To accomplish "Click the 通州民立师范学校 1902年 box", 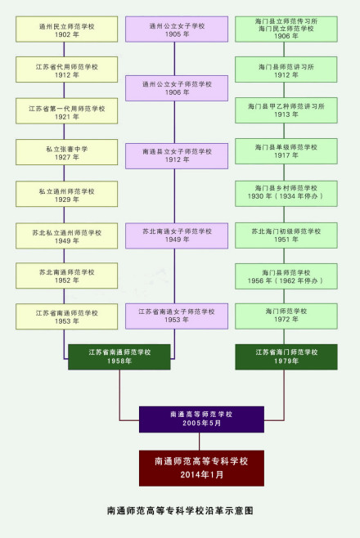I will pyautogui.click(x=66, y=29).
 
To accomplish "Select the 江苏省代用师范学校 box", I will pyautogui.click(x=66, y=69).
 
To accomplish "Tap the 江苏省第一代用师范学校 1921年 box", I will pyautogui.click(x=66, y=111).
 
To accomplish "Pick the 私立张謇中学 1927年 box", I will pyautogui.click(x=66, y=152).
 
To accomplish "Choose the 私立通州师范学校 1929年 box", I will pyautogui.click(x=66, y=195).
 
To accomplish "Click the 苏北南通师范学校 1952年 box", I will pyautogui.click(x=66, y=276).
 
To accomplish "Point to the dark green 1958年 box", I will pyautogui.click(x=119, y=356).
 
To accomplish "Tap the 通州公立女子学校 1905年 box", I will pyautogui.click(x=177, y=29).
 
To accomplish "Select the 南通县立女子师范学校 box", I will pyautogui.click(x=177, y=155).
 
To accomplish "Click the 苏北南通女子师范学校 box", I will pyautogui.click(x=177, y=235).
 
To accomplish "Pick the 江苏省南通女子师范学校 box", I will pyautogui.click(x=177, y=316).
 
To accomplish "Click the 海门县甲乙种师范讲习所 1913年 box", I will pyautogui.click(x=286, y=110).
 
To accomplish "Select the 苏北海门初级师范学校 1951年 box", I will pyautogui.click(x=286, y=235).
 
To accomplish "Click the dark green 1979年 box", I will pyautogui.click(x=286, y=356).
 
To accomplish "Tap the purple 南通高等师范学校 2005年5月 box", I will pyautogui.click(x=201, y=419).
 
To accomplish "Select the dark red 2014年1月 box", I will pyautogui.click(x=201, y=467).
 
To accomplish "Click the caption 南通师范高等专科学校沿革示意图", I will pyautogui.click(x=180, y=510).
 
